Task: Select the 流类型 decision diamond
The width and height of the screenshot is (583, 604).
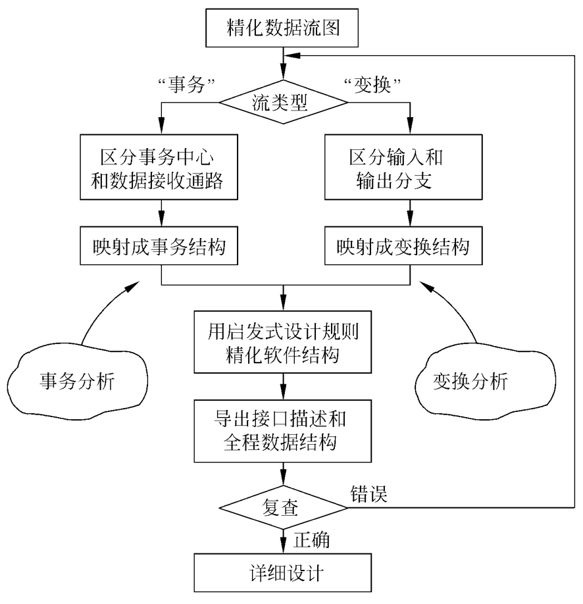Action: [284, 102]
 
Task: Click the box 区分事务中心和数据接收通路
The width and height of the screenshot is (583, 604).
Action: [162, 167]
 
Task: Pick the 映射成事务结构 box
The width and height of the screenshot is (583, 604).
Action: [162, 247]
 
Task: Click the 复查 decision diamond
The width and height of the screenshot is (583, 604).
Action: [284, 508]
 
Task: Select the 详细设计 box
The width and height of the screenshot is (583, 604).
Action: [284, 572]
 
